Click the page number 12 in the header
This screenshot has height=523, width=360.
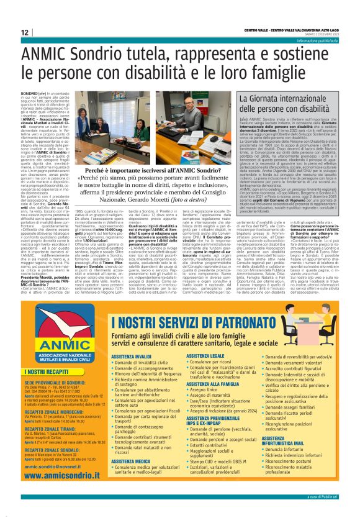click(x=24, y=32)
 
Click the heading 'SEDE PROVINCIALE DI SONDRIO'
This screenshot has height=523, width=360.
click(x=54, y=384)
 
